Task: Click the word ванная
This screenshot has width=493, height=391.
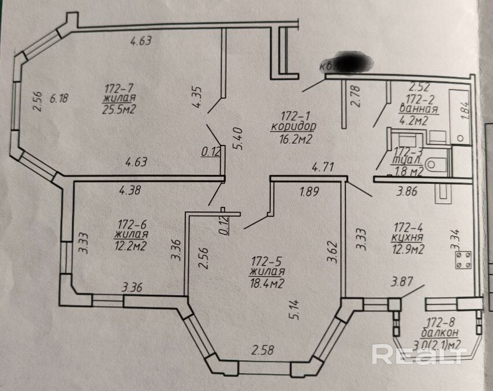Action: [419, 109]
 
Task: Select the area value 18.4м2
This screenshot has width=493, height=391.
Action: [268, 282]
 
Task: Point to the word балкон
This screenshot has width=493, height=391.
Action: [440, 333]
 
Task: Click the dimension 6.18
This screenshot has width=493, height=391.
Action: [59, 98]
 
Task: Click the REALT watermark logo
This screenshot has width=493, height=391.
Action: [417, 354]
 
